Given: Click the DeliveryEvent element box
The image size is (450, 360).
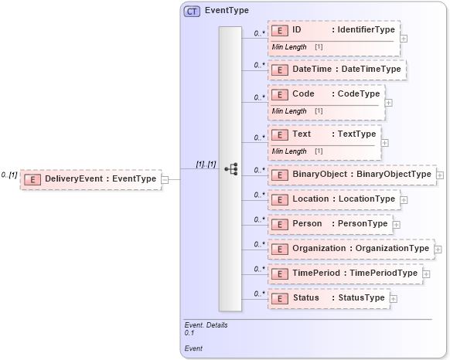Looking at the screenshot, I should (x=91, y=179).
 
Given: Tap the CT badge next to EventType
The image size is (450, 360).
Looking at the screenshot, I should (x=191, y=12).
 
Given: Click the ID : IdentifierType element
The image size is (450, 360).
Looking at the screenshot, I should (x=334, y=30).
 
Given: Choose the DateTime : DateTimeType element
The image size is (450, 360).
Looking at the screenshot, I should (x=337, y=70).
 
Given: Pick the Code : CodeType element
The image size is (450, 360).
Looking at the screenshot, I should (x=326, y=94).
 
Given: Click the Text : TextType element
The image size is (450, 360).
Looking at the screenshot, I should (x=325, y=134).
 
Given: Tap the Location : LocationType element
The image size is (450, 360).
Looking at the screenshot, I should (x=334, y=199).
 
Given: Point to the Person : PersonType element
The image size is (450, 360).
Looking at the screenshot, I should (x=330, y=224).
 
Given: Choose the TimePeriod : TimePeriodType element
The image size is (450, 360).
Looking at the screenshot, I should (x=345, y=273).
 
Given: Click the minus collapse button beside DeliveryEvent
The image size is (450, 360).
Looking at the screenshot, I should (x=165, y=179).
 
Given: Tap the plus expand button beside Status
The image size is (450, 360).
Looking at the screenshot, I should (x=394, y=298).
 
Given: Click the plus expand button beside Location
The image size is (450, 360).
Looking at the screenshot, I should (x=404, y=199).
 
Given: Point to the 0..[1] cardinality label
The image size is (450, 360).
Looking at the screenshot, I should (x=10, y=175).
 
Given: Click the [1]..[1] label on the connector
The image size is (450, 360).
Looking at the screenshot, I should (x=205, y=165).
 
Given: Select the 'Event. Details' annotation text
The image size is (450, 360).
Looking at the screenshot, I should (x=206, y=325).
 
